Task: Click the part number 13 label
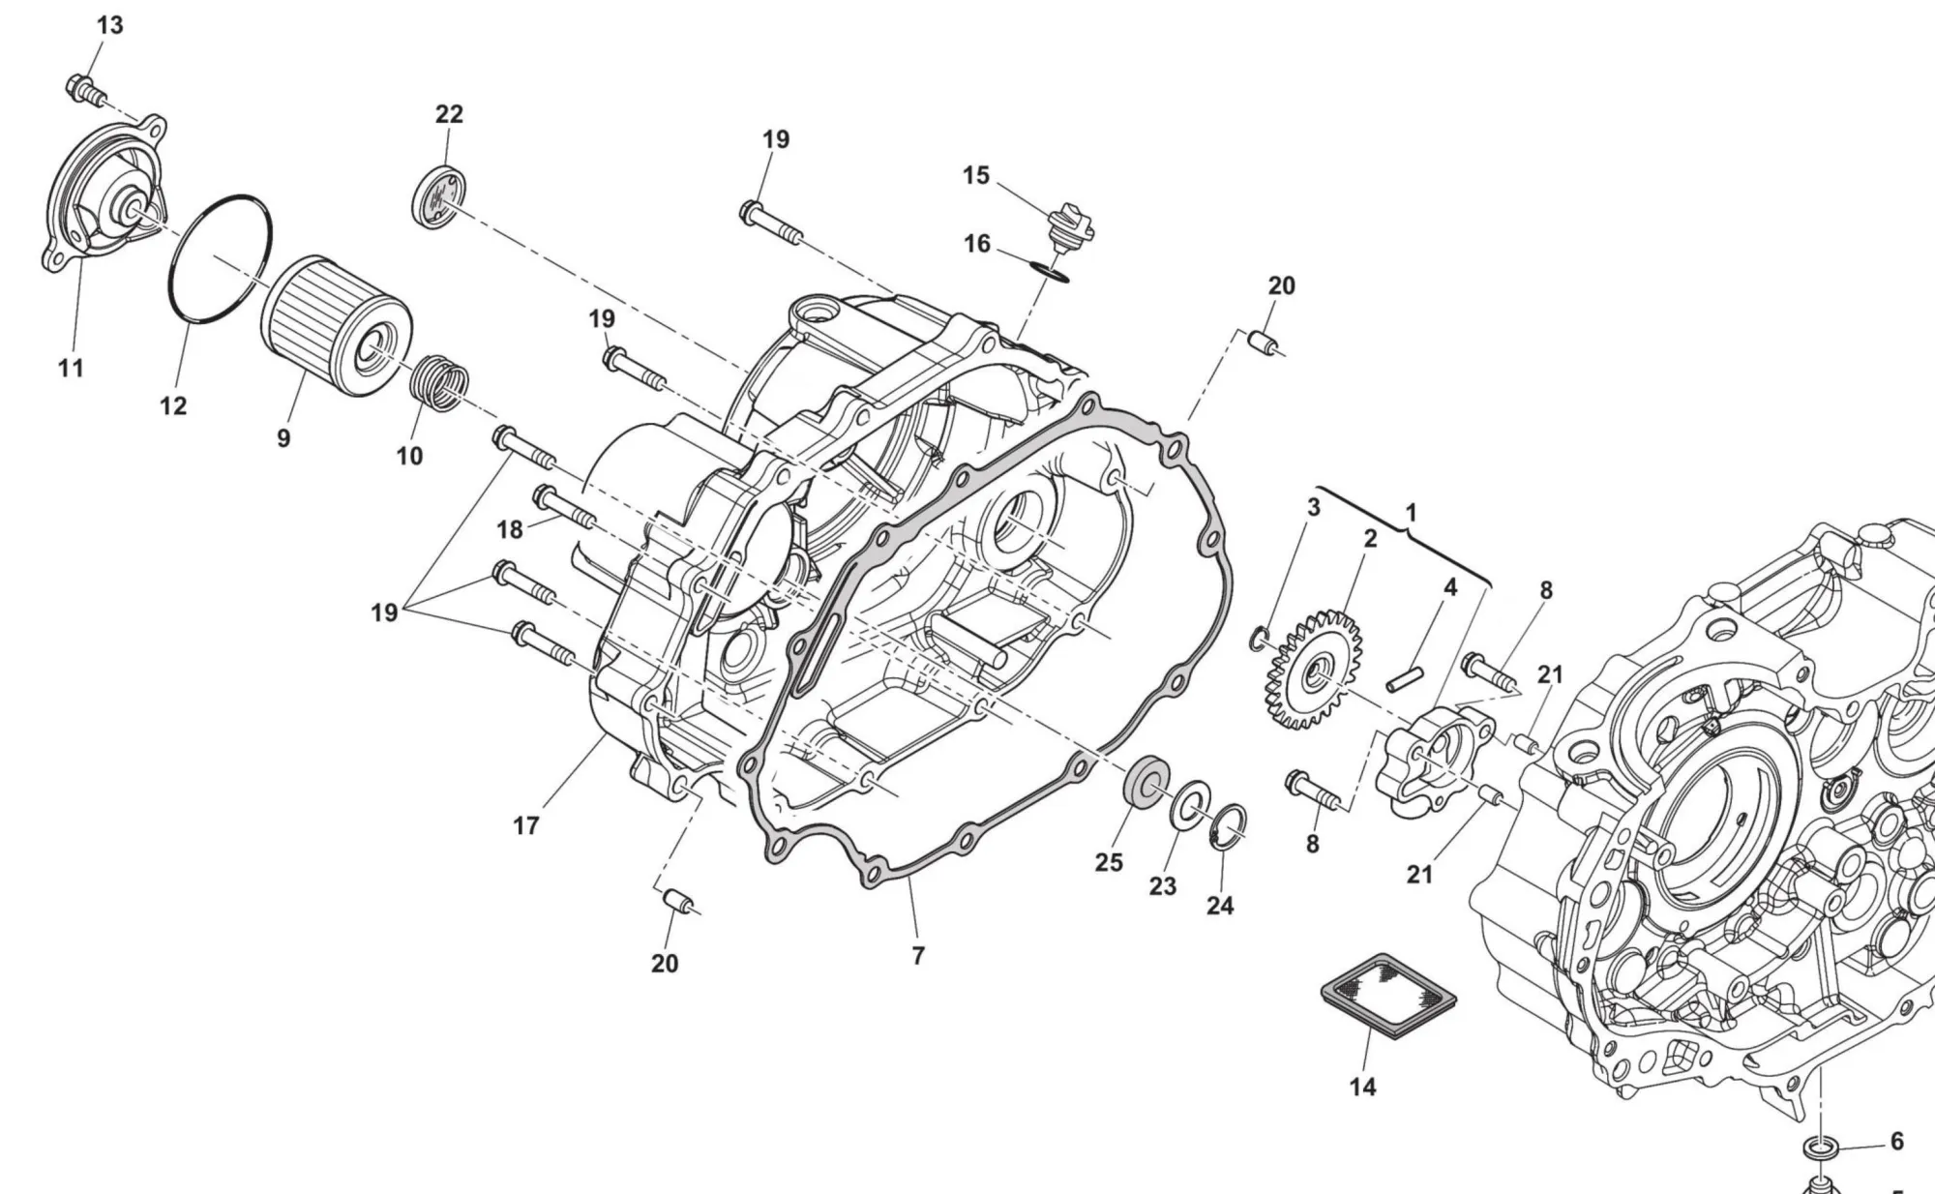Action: pos(110,25)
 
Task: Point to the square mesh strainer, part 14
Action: pos(1388,996)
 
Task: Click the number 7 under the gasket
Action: pos(918,955)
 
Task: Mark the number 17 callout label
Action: pos(525,825)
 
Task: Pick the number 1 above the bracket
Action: pos(1411,513)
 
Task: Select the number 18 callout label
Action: pos(510,529)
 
